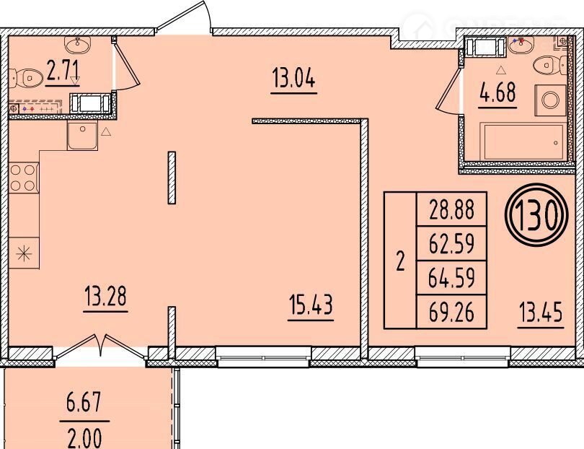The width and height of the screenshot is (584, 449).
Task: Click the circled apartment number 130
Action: tap(536, 215)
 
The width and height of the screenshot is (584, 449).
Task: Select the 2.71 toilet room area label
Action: tap(63, 71)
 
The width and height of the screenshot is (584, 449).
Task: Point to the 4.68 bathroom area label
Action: tap(497, 92)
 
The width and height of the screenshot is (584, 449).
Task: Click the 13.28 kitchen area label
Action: tap(106, 295)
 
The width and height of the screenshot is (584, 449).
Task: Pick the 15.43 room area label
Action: tap(311, 305)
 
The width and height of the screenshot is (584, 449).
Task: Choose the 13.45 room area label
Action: tap(540, 313)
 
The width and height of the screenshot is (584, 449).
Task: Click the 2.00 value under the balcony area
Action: tap(84, 438)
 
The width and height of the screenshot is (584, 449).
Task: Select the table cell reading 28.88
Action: tap(452, 209)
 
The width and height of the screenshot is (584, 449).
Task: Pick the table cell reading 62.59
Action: tap(452, 243)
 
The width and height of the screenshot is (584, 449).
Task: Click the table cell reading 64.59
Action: tap(452, 278)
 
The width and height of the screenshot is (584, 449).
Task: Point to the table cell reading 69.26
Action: tap(452, 312)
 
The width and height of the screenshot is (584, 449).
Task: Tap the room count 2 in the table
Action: tap(400, 261)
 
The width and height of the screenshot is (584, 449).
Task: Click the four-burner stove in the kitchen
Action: tap(24, 178)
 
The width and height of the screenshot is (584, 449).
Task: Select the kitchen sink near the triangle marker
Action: tap(82, 136)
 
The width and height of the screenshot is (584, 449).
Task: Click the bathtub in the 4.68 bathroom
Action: tap(523, 141)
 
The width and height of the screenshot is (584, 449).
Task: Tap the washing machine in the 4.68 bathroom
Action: tap(551, 100)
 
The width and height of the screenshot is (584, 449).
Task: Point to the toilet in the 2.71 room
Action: tap(25, 77)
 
